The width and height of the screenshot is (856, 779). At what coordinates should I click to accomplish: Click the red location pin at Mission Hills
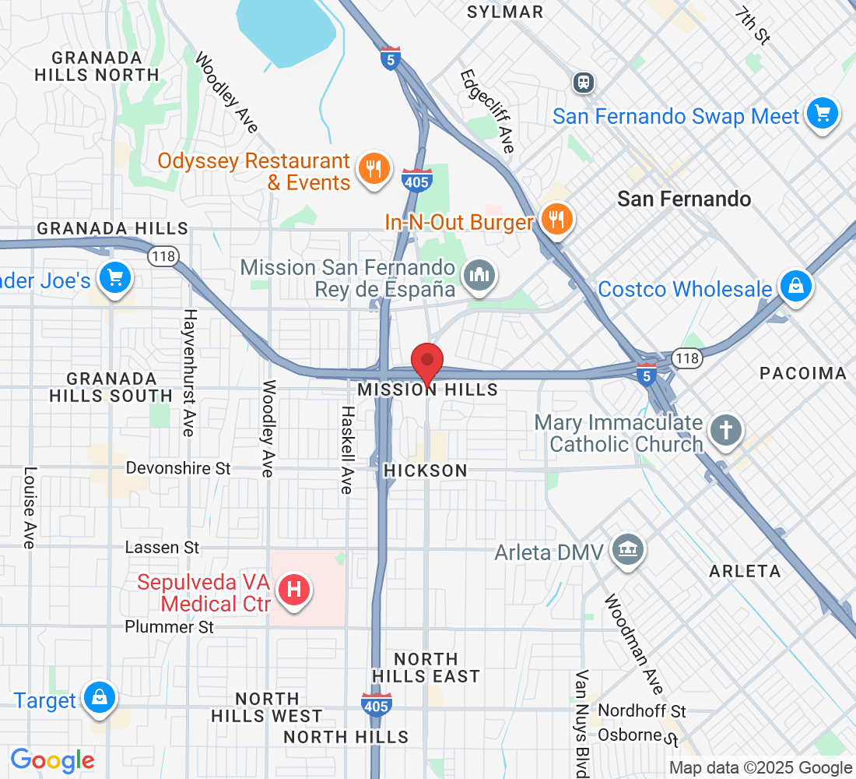point(427,362)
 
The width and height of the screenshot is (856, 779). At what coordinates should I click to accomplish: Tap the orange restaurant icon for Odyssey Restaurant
point(373,167)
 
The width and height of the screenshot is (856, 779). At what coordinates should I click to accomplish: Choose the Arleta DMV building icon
point(626,550)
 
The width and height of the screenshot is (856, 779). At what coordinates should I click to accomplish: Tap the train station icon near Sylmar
point(582,82)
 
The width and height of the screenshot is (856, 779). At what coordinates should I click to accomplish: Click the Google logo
point(53,760)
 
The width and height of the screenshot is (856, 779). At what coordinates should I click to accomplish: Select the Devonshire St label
point(178,468)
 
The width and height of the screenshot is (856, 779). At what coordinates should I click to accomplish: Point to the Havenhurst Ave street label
point(189,372)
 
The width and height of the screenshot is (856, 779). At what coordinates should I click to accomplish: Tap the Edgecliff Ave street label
point(487,111)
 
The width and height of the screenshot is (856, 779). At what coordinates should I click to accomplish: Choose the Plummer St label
point(169,627)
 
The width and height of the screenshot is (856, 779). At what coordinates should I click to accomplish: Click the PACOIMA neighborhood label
point(802,373)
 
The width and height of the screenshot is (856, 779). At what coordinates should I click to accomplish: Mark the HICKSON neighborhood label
point(426,471)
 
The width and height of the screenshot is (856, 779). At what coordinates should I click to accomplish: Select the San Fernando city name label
point(684,199)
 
